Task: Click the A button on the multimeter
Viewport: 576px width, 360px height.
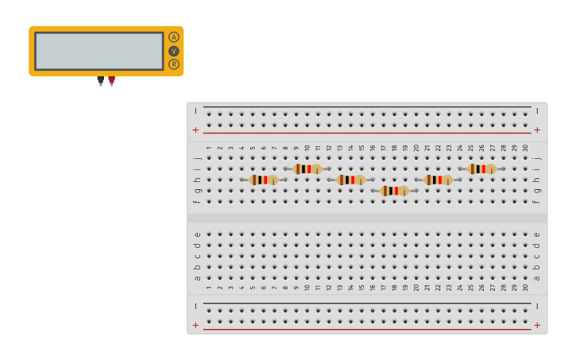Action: [173, 37]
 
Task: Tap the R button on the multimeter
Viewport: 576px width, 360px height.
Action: [173, 64]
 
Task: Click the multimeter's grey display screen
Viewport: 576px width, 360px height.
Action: [99, 51]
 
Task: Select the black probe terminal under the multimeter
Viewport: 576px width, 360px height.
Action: [100, 80]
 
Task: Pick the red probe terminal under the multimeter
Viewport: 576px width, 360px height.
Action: [111, 80]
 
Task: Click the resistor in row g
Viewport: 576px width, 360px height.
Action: [394, 191]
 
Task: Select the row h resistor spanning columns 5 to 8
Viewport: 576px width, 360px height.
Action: [263, 180]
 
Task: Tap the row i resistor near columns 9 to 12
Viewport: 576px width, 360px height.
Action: [307, 168]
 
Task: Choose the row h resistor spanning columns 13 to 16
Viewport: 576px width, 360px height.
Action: [350, 180]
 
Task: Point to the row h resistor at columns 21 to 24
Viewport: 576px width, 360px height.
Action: [438, 180]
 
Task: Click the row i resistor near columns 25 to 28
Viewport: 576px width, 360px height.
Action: [481, 168]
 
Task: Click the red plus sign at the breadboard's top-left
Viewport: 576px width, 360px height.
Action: [195, 130]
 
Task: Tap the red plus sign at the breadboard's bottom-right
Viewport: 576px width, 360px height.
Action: [537, 325]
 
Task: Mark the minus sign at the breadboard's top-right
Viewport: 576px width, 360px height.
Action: [537, 111]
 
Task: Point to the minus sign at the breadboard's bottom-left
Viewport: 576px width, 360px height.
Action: [195, 306]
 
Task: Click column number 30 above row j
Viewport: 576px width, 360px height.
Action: [525, 148]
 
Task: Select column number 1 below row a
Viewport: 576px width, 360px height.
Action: [209, 287]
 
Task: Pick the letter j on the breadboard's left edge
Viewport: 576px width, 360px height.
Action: [197, 158]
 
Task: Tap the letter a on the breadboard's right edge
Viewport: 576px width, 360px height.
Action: [537, 277]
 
